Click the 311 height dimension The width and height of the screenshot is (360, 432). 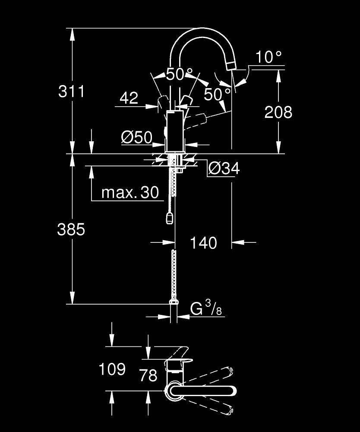coord(72,91)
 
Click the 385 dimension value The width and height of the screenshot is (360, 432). coord(71,229)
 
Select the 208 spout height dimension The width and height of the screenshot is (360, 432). coord(278,112)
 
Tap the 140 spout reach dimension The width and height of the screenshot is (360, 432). coord(203,243)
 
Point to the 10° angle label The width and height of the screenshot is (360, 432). coord(269,57)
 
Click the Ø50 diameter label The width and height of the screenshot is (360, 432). coord(137,137)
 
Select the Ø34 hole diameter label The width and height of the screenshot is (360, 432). coord(224,168)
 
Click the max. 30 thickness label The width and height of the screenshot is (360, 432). coord(130,193)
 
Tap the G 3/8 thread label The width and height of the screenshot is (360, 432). coord(206,308)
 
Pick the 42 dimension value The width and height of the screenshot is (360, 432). coord(129,98)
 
